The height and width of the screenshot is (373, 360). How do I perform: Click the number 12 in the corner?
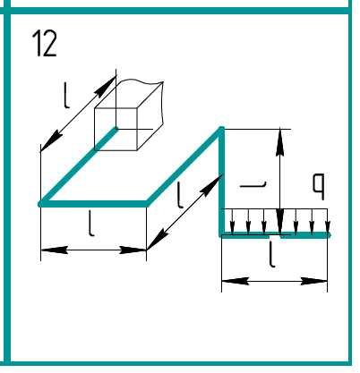(x=45, y=44)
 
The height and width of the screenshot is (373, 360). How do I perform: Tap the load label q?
(x=318, y=186)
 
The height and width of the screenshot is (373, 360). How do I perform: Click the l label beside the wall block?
(x=67, y=96)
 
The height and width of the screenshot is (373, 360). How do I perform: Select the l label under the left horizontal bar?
(x=91, y=224)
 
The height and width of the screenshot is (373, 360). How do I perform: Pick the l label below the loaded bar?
(x=271, y=254)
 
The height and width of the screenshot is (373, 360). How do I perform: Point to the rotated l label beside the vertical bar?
(x=253, y=185)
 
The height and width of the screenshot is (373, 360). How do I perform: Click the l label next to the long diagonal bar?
(x=179, y=195)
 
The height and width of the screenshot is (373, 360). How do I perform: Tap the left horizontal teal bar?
(x=93, y=204)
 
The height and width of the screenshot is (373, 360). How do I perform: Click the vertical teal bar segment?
(x=221, y=182)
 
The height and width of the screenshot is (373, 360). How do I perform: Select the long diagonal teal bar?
(x=184, y=166)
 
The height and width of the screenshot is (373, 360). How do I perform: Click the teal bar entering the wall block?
(x=78, y=166)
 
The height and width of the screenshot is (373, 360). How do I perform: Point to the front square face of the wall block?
(x=116, y=129)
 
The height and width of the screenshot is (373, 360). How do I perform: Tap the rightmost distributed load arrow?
(x=328, y=222)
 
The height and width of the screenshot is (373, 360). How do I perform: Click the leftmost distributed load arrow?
(x=233, y=222)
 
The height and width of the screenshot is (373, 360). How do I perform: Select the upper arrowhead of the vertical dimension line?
(x=279, y=142)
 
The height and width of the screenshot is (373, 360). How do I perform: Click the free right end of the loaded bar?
(x=329, y=235)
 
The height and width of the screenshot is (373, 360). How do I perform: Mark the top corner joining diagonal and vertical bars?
(x=221, y=129)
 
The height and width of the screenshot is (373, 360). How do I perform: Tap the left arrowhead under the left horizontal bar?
(x=54, y=250)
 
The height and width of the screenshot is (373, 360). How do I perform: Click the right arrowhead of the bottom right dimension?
(x=313, y=281)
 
